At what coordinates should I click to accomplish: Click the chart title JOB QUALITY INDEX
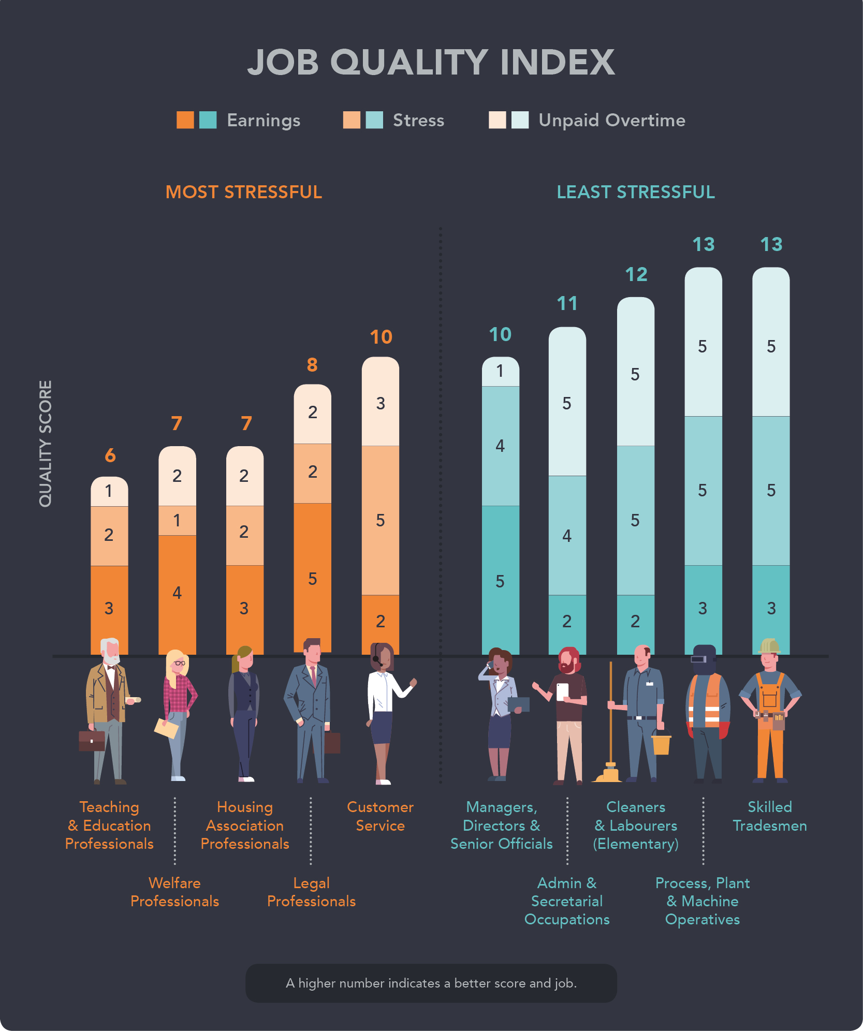click(x=431, y=62)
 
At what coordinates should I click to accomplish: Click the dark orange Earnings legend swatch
click(x=185, y=120)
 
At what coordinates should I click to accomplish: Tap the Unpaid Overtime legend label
click(x=611, y=120)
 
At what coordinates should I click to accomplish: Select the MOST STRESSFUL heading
click(x=243, y=192)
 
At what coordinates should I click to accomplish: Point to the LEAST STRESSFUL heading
click(x=635, y=192)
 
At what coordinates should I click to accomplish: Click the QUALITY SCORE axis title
click(x=46, y=444)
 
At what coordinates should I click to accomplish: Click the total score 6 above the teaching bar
click(x=110, y=455)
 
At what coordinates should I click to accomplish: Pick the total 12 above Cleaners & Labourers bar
click(x=636, y=274)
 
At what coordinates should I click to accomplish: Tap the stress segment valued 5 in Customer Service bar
click(x=380, y=520)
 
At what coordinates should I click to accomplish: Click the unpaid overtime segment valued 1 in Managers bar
click(x=500, y=371)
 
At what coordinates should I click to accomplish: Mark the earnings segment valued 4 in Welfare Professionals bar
click(x=177, y=593)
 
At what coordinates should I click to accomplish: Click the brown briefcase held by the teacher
click(x=91, y=741)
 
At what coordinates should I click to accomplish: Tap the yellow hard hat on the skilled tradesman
click(x=770, y=645)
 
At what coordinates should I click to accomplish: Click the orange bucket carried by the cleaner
click(x=661, y=744)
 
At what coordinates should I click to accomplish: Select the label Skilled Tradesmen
click(x=769, y=816)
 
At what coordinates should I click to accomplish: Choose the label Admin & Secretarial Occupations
click(x=567, y=901)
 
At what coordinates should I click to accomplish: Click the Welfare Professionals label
click(x=175, y=892)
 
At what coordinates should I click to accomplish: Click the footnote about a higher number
click(x=431, y=983)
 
